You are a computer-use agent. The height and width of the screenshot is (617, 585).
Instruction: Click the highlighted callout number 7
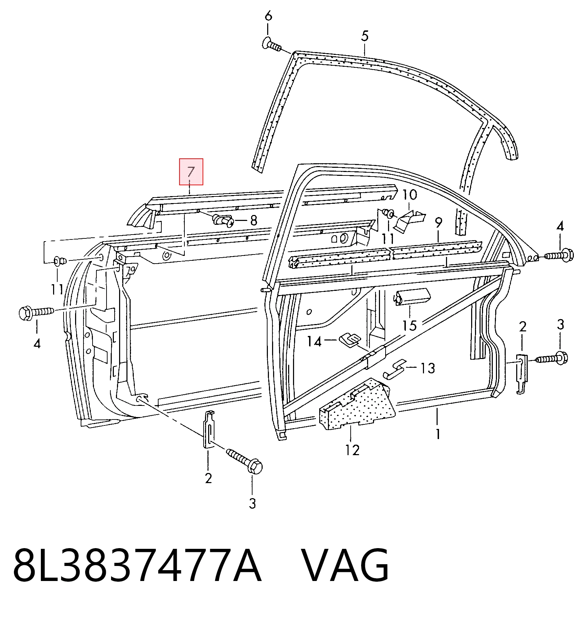191,172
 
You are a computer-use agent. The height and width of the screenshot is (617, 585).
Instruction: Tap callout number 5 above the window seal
365,36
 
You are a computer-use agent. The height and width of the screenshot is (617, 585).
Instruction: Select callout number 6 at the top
268,16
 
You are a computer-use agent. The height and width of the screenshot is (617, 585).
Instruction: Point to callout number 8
254,220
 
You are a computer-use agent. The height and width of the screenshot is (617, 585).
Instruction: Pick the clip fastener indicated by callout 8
224,220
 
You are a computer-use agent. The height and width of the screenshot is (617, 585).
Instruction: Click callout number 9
439,222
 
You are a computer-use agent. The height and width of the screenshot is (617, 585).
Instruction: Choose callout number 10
410,195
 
